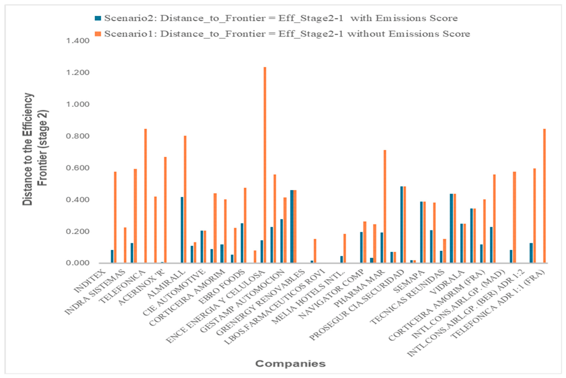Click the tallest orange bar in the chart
[265, 165]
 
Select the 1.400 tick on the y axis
[78, 41]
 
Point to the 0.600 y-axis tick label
[78, 168]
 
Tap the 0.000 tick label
[78, 263]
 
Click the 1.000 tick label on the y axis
[78, 104]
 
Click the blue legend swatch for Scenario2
[98, 18]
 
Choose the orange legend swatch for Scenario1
[98, 34]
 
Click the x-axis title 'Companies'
[290, 364]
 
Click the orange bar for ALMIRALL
[185, 199]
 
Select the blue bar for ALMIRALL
[182, 230]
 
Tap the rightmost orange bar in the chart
[544, 196]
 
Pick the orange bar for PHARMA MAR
[385, 206]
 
